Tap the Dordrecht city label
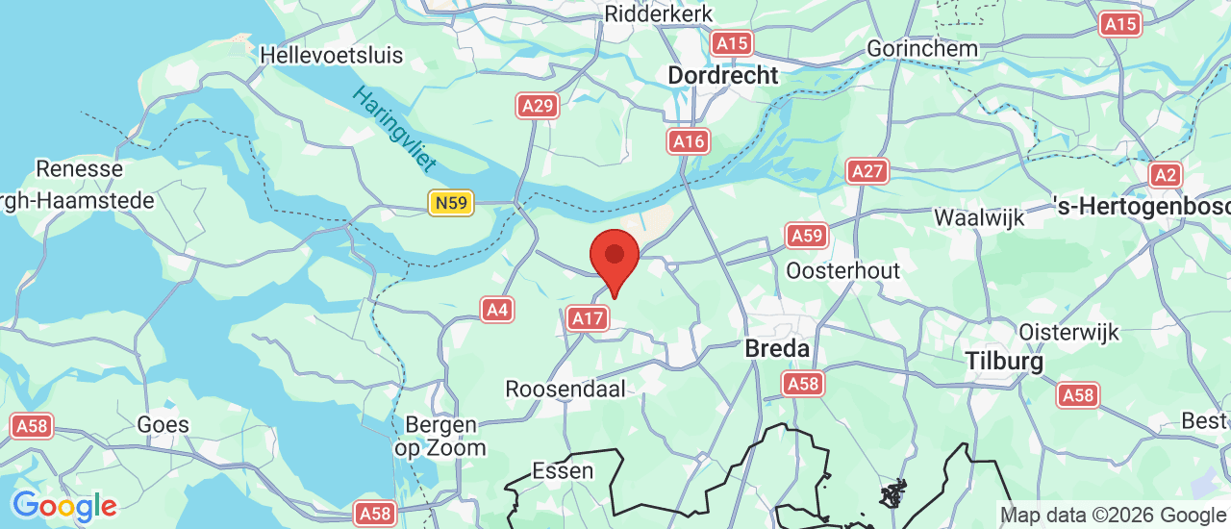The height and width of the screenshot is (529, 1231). (x=722, y=75)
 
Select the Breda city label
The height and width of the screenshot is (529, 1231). (x=777, y=349)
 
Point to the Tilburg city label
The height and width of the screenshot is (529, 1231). (x=1004, y=362)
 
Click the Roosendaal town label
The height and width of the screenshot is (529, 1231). (x=565, y=389)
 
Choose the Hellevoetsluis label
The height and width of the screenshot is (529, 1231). (x=332, y=55)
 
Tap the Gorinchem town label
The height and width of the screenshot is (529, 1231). (x=922, y=48)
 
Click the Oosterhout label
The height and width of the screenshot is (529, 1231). (x=842, y=270)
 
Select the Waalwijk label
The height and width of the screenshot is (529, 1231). (x=979, y=217)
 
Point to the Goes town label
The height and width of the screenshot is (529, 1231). (x=163, y=424)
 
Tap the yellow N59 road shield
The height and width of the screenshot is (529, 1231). (x=451, y=202)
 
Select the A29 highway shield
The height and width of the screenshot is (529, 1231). (x=538, y=106)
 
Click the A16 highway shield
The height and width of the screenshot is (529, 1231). (x=689, y=142)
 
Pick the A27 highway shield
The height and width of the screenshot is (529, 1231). (x=867, y=171)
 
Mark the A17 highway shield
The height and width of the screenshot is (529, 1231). (x=587, y=318)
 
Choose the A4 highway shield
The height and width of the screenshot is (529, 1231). (x=496, y=310)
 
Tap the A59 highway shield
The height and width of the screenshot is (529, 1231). (x=806, y=235)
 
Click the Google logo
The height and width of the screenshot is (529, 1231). (x=64, y=506)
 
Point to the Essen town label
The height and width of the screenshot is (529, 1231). (x=563, y=471)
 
